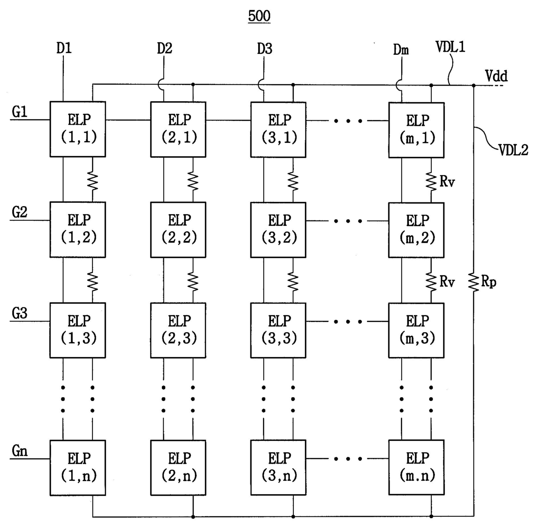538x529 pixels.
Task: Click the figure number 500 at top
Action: click(x=259, y=16)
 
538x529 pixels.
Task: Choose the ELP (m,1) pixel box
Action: click(x=416, y=130)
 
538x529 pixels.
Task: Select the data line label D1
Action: click(x=64, y=48)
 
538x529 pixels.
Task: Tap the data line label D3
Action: click(x=264, y=49)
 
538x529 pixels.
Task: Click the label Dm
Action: click(x=401, y=50)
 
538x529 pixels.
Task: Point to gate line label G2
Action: click(x=20, y=212)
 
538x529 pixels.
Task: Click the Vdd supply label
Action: click(x=496, y=76)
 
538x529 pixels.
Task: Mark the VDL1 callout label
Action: click(x=450, y=47)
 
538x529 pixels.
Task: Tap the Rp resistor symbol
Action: click(x=473, y=282)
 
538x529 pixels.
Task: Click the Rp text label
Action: click(x=489, y=282)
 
